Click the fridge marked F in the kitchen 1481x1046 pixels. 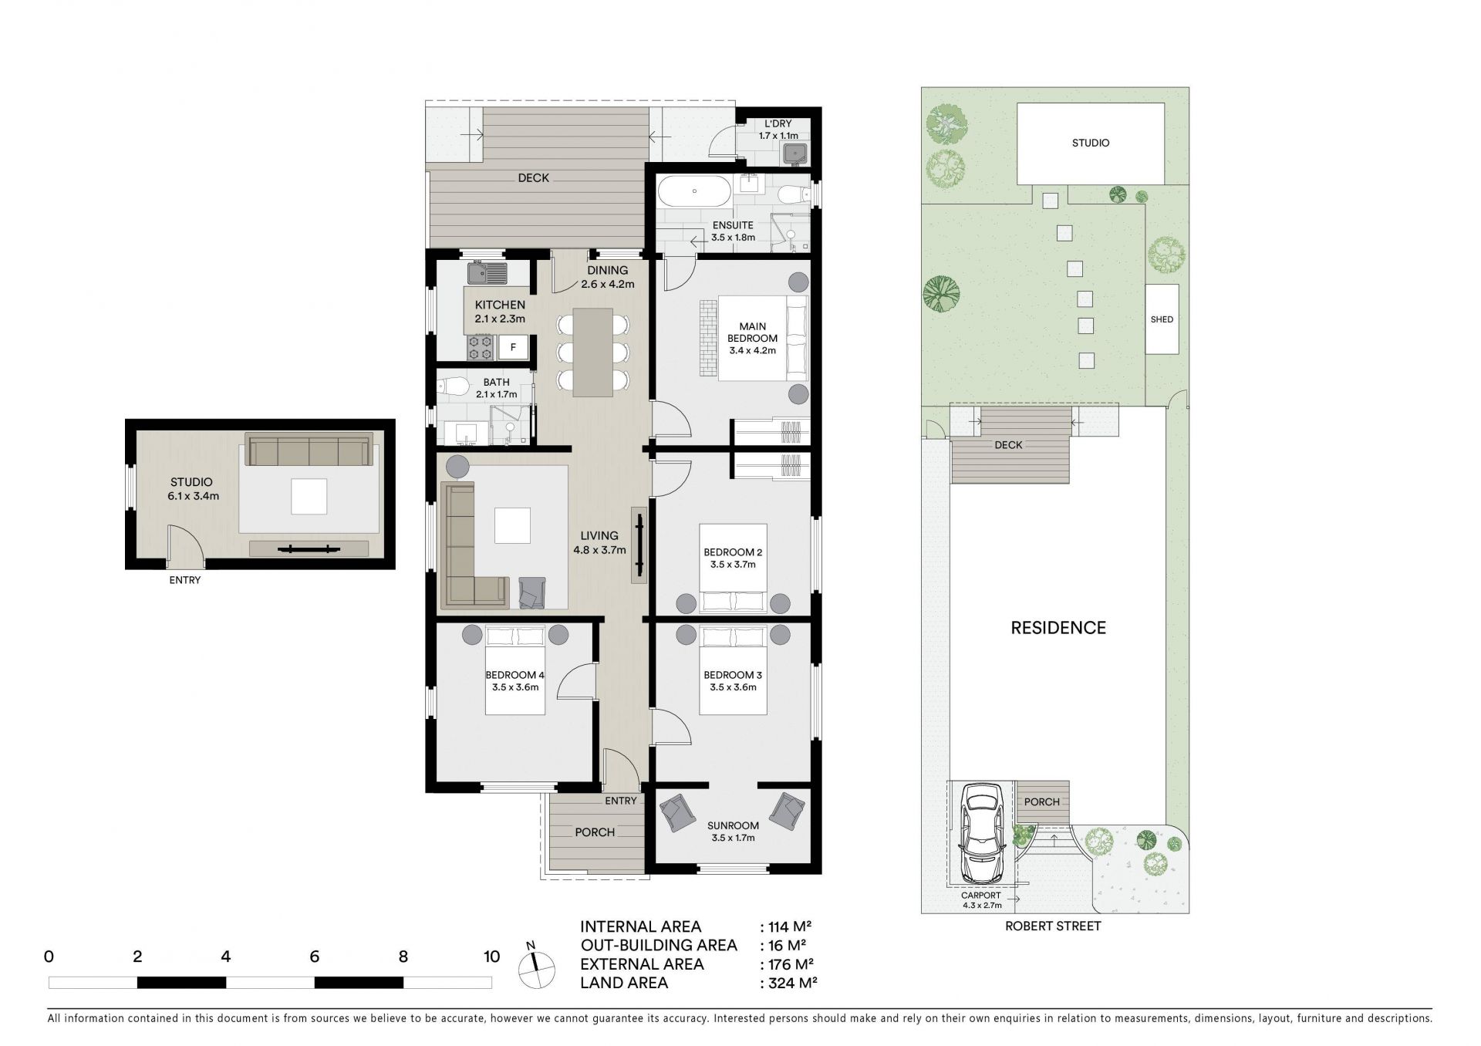pos(513,347)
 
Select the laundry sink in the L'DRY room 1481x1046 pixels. pos(794,154)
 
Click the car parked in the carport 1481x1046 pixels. pos(981,833)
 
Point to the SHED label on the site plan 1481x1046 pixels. pos(1162,319)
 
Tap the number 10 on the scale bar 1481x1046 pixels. pos(491,957)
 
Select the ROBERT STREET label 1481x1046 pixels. pos(1053,926)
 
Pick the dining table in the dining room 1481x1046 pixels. pos(593,352)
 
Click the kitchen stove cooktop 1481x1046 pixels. pos(481,347)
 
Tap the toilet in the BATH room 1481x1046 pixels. pos(452,386)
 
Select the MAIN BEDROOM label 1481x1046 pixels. pos(752,332)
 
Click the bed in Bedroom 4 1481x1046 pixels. pos(515,670)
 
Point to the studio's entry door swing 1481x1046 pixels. pos(185,544)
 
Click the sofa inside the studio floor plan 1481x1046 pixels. pos(309,450)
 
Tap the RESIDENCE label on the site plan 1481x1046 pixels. pos(1058,628)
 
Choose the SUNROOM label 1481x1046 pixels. pos(733,826)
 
